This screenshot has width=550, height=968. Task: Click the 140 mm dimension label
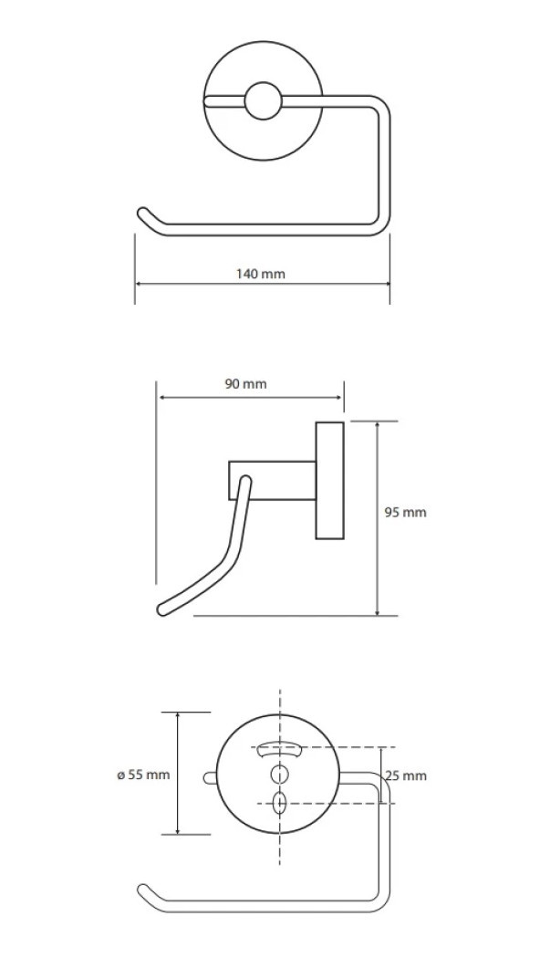click(x=261, y=274)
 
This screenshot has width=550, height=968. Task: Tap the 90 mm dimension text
click(x=245, y=384)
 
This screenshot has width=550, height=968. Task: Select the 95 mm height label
click(x=406, y=512)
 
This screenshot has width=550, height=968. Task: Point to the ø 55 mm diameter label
click(x=143, y=775)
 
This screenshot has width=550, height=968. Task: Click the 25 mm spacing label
click(x=406, y=776)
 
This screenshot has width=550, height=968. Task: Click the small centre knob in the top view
click(x=263, y=100)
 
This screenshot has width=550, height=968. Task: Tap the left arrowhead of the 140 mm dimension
click(x=140, y=284)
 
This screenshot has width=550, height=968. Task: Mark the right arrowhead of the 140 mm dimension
click(x=385, y=284)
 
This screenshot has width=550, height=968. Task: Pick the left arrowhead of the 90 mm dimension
click(x=163, y=398)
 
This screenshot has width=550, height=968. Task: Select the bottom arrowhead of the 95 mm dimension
click(x=378, y=610)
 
